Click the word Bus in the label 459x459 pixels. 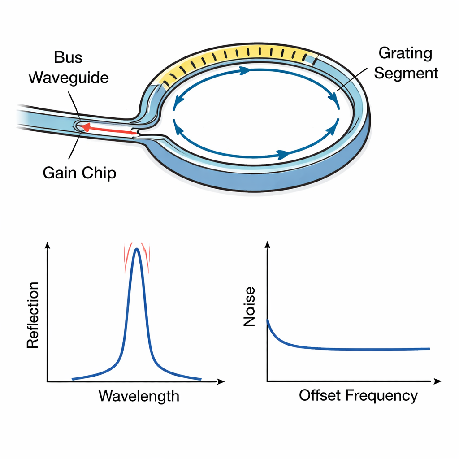click(69, 58)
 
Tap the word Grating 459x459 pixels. click(406, 53)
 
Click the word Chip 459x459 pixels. click(100, 173)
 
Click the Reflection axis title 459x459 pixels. click(33, 315)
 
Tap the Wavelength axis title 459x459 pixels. click(139, 396)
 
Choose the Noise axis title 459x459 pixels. click(249, 307)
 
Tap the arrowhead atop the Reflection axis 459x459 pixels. click(47, 245)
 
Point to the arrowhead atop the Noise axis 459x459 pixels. click(267, 245)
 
